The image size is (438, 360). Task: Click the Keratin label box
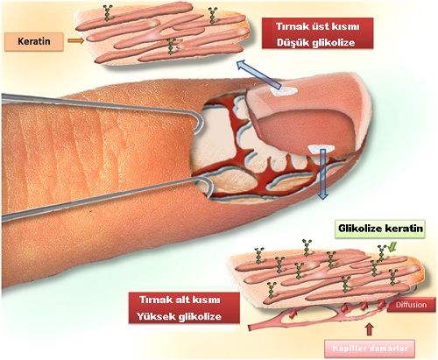pos(34,41)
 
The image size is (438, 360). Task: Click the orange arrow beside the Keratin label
pos(76,41)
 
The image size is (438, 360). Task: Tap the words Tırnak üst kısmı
pos(318,26)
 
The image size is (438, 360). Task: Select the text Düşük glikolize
pos(316,43)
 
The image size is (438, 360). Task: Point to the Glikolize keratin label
pos(380,228)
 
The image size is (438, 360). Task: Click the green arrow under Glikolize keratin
pos(393,248)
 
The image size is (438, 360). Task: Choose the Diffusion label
pos(411,305)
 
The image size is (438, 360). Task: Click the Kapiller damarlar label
pos(370,349)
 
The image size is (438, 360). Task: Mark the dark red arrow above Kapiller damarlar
pos(370,329)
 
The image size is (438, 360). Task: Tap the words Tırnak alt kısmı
pos(180,300)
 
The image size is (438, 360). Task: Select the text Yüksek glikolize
pos(180,316)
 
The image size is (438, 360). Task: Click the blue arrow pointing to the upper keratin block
pos(258,74)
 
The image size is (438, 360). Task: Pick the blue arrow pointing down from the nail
pos(322,174)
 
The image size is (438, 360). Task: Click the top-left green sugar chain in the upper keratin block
pos(108,13)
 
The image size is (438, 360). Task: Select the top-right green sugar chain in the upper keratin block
pos(213,15)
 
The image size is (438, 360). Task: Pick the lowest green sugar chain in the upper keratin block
pos(171,46)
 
